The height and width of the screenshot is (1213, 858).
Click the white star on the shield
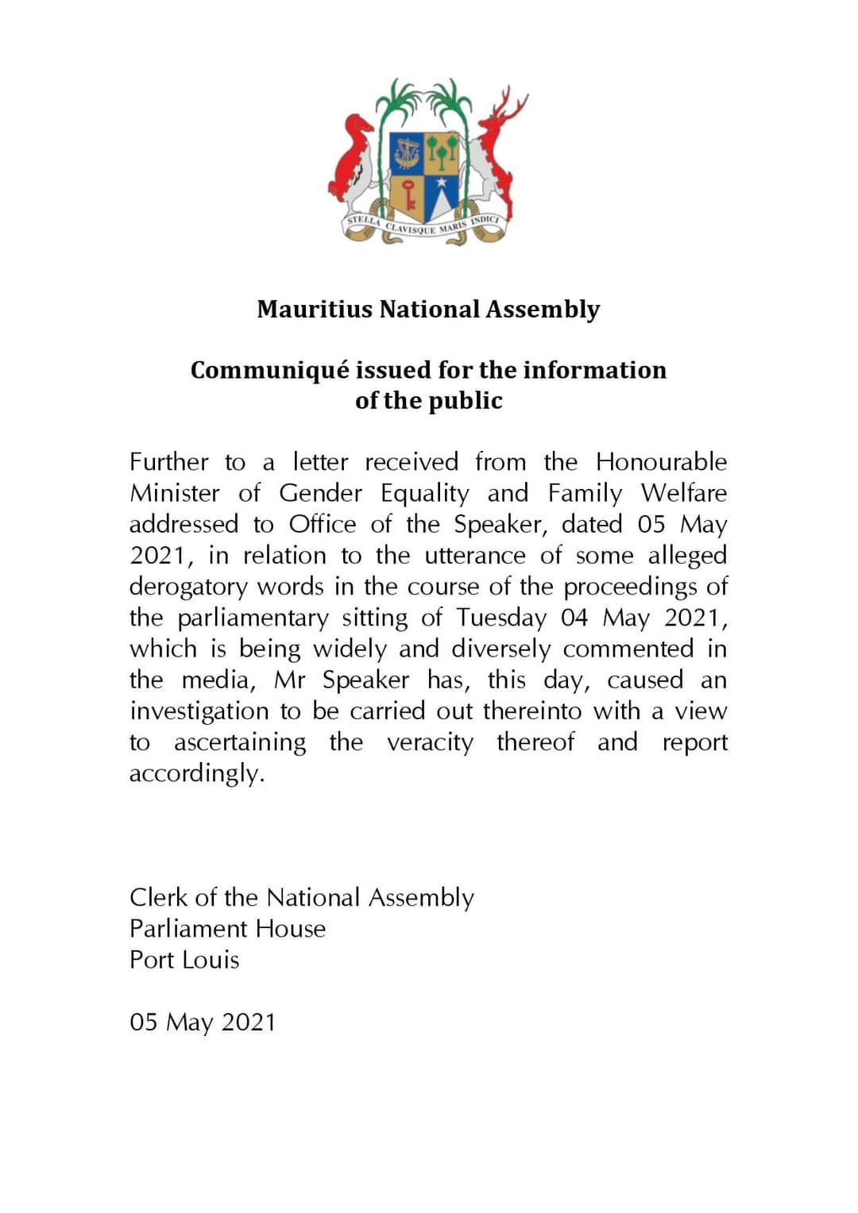click(442, 183)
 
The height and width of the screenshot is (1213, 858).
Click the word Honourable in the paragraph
click(661, 462)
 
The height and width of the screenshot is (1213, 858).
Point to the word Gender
click(320, 493)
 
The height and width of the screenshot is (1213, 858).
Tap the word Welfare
click(683, 493)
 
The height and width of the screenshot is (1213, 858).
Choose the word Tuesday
click(501, 618)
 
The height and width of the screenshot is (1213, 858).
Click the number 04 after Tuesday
click(574, 618)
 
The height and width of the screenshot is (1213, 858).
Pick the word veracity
click(430, 743)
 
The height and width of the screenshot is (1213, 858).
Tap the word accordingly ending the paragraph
click(196, 773)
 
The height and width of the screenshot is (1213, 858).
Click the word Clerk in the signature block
click(157, 898)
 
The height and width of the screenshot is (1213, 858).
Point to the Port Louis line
click(184, 960)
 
